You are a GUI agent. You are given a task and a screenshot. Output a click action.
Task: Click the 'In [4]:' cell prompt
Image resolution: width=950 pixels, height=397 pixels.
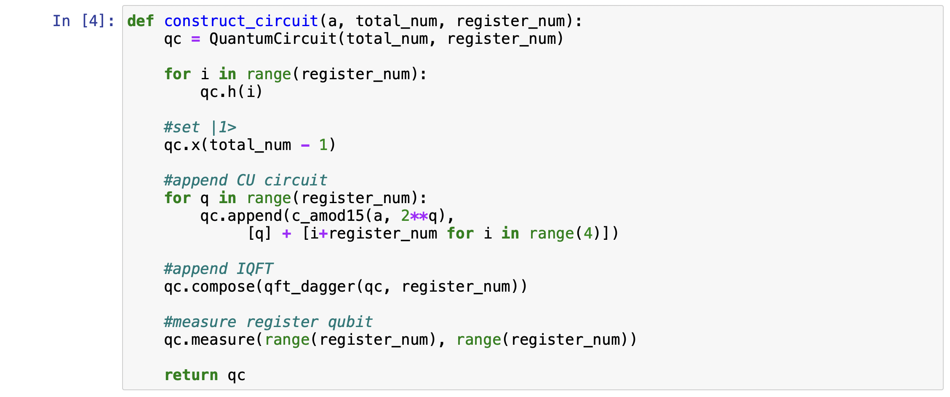(x=83, y=21)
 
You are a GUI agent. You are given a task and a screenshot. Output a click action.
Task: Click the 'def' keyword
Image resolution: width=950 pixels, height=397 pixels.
(x=141, y=21)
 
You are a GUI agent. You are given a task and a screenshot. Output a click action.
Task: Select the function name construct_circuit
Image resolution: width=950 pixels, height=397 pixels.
(x=241, y=21)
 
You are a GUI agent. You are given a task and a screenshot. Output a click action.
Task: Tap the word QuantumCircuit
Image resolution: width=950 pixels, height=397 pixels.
(x=273, y=39)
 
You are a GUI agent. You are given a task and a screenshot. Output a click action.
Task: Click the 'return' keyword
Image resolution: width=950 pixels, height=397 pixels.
(x=191, y=375)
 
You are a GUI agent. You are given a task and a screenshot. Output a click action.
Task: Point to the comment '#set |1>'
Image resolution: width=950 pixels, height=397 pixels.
(x=200, y=127)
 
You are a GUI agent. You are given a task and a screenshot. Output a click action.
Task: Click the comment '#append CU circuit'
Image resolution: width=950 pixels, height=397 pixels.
(x=246, y=180)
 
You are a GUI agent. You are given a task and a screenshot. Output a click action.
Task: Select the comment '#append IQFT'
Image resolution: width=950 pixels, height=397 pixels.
(x=218, y=269)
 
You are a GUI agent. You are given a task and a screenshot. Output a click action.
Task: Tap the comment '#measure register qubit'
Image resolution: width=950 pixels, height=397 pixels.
(x=268, y=322)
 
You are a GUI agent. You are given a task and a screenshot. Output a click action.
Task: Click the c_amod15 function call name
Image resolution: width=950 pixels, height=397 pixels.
(x=328, y=216)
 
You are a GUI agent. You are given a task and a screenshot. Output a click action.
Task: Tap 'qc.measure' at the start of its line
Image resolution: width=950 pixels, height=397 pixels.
(x=209, y=340)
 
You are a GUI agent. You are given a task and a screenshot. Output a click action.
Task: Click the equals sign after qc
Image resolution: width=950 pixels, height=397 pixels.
(x=195, y=39)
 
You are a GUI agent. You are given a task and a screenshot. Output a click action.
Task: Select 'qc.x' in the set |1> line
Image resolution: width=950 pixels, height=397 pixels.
(x=182, y=145)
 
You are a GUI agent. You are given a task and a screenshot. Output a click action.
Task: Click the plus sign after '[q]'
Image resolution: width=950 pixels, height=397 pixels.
(x=287, y=233)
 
